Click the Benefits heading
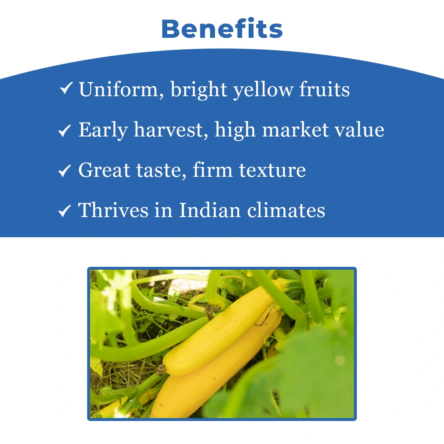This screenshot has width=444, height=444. (x=222, y=29)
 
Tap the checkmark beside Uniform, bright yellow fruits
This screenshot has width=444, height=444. (x=66, y=88)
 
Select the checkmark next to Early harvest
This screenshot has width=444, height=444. (x=65, y=131)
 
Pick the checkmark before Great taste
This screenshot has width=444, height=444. (x=65, y=171)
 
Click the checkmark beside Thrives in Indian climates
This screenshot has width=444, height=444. (x=65, y=211)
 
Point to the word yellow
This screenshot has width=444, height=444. (x=263, y=90)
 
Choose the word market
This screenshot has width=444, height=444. (x=296, y=129)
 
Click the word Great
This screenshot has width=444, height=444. (x=104, y=170)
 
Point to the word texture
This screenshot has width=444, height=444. (x=273, y=171)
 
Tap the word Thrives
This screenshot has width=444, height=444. (x=113, y=210)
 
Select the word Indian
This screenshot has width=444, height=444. (x=210, y=210)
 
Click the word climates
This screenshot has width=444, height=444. (x=286, y=210)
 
